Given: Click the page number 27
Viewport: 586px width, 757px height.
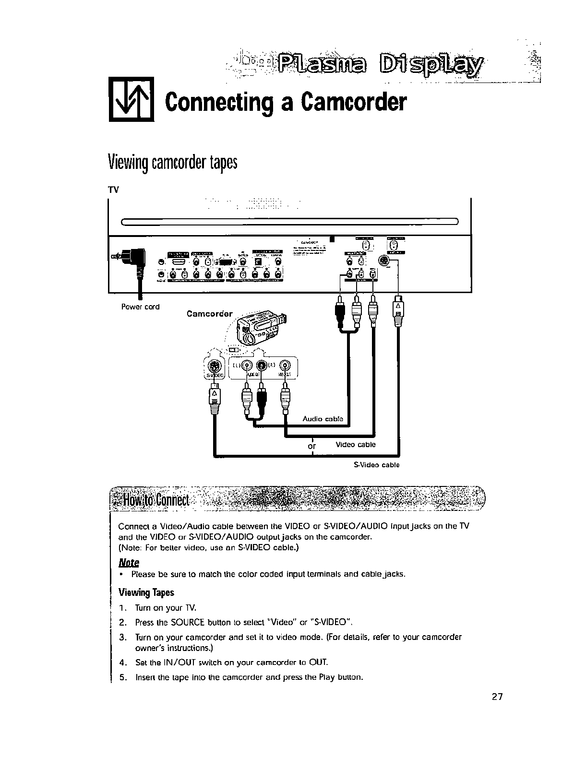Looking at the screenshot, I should (x=497, y=697).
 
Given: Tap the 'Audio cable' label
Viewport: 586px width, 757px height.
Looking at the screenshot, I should (x=323, y=419).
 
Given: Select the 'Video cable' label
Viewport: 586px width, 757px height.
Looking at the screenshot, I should (x=356, y=444).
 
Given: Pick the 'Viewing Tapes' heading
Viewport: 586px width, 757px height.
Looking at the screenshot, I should (x=146, y=592).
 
